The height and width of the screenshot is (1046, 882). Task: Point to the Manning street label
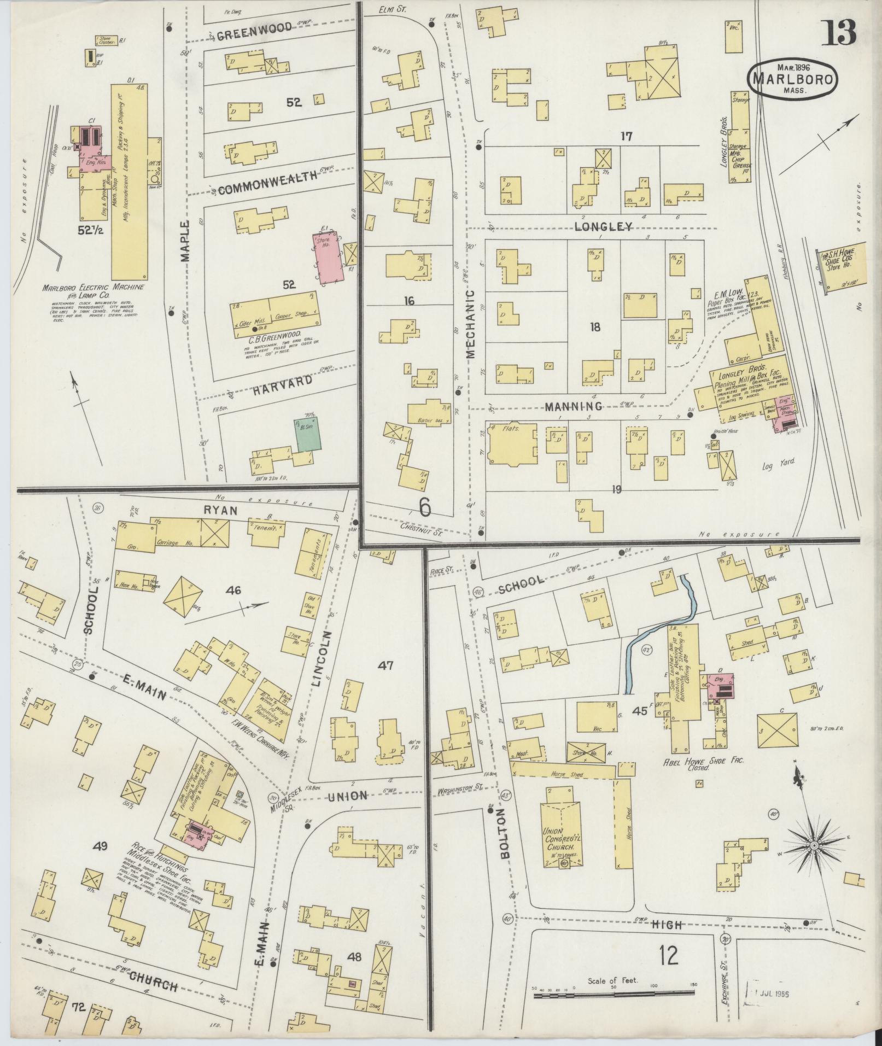point(573,406)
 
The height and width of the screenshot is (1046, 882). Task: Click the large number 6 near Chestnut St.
point(425,507)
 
